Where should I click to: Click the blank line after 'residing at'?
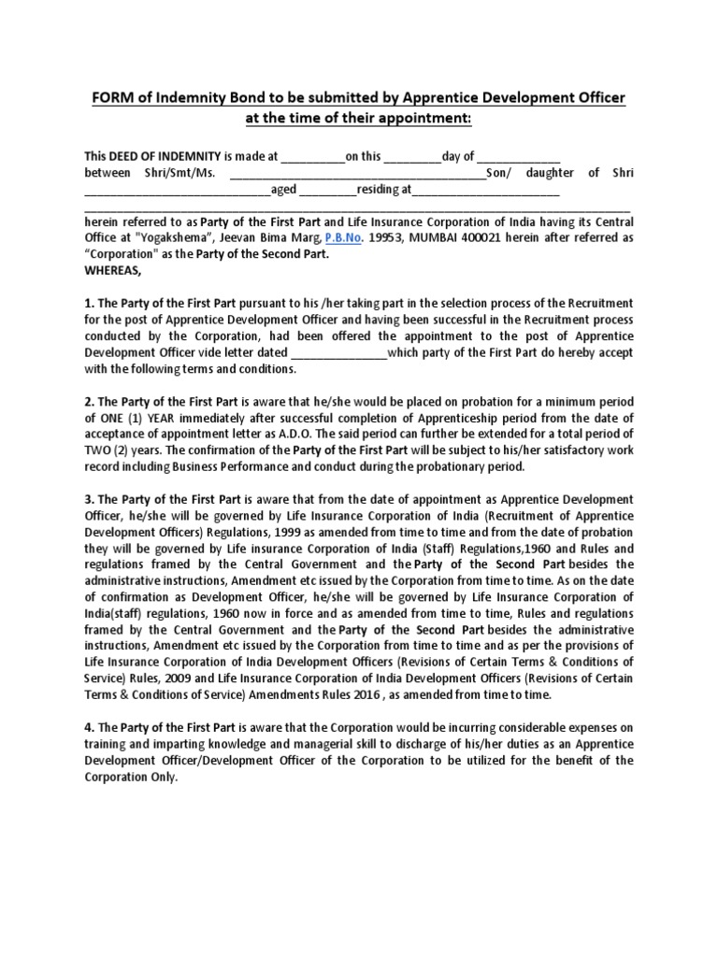tap(485, 191)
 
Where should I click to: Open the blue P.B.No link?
tap(341, 238)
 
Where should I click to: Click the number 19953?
tap(381, 238)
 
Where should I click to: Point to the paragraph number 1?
tap(88, 303)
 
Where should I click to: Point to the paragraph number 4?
tap(88, 728)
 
